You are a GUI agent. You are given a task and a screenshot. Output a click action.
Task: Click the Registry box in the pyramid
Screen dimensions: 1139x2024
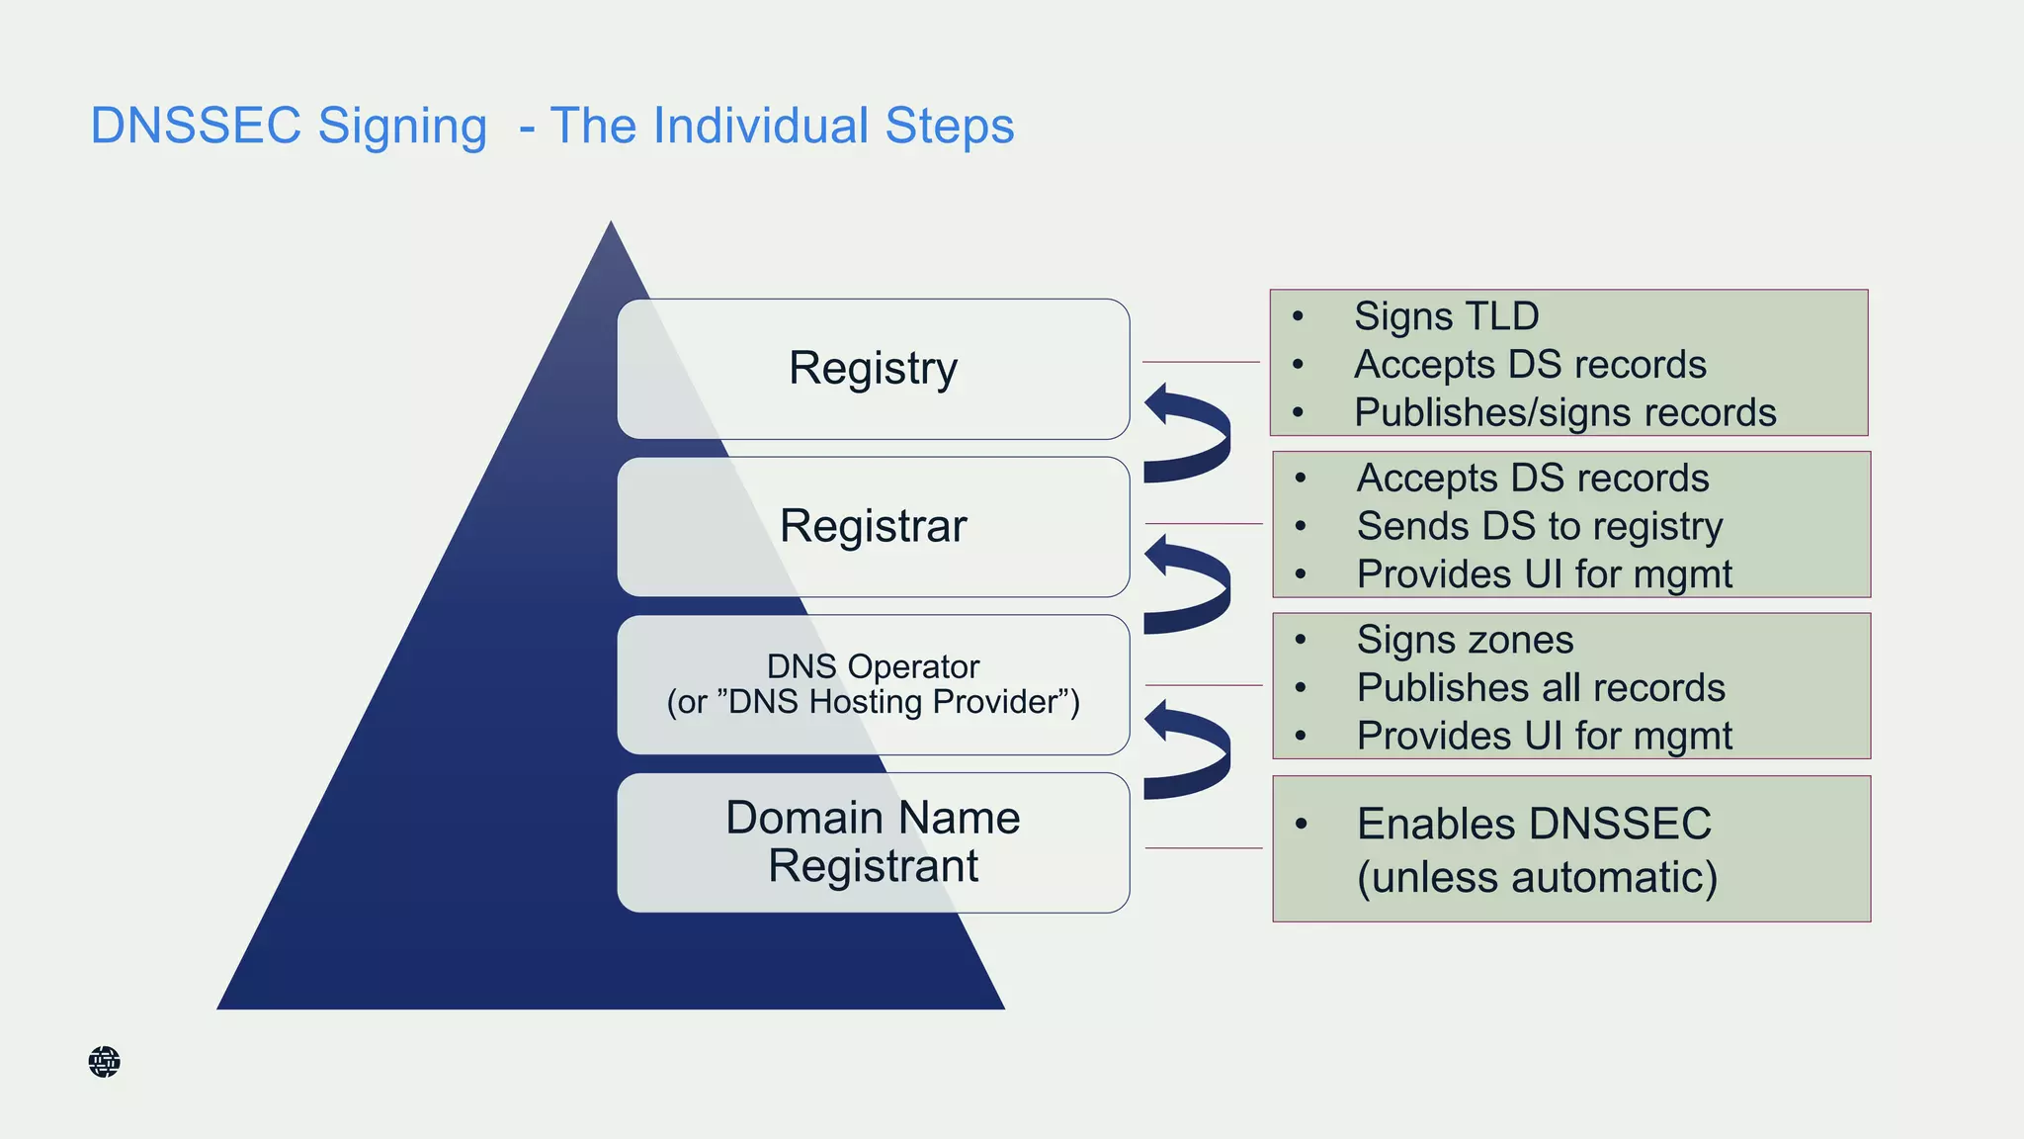(x=873, y=369)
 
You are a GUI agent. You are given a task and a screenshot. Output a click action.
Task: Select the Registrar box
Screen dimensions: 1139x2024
(x=873, y=526)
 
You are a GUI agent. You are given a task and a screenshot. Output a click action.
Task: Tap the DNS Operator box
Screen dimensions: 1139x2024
(x=873, y=684)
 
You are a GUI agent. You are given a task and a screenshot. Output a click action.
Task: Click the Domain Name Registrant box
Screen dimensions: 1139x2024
(x=873, y=842)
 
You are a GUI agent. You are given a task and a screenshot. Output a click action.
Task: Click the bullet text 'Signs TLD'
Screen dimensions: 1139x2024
(x=1446, y=316)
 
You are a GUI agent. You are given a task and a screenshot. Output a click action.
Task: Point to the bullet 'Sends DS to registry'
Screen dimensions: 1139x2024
(x=1539, y=526)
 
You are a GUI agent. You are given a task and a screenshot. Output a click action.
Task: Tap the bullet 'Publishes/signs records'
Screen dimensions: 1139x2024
(x=1564, y=412)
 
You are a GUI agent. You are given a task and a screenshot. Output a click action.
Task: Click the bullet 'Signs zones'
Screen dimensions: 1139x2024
(x=1465, y=640)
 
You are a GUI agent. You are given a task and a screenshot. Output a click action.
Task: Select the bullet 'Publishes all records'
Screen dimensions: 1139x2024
(x=1540, y=688)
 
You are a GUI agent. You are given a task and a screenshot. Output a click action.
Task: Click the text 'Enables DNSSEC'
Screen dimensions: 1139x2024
(x=1533, y=824)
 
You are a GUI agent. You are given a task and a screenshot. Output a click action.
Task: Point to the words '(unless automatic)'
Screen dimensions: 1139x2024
(x=1537, y=877)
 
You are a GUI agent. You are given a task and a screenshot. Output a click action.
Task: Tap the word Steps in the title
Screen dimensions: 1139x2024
(x=949, y=127)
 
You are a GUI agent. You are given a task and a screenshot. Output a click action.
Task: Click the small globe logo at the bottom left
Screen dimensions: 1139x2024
(x=104, y=1062)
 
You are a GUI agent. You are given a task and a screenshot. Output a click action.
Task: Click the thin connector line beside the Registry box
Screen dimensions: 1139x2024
(x=1200, y=362)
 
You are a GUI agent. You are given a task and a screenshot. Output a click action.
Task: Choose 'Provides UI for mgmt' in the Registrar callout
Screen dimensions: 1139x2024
(x=1544, y=574)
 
